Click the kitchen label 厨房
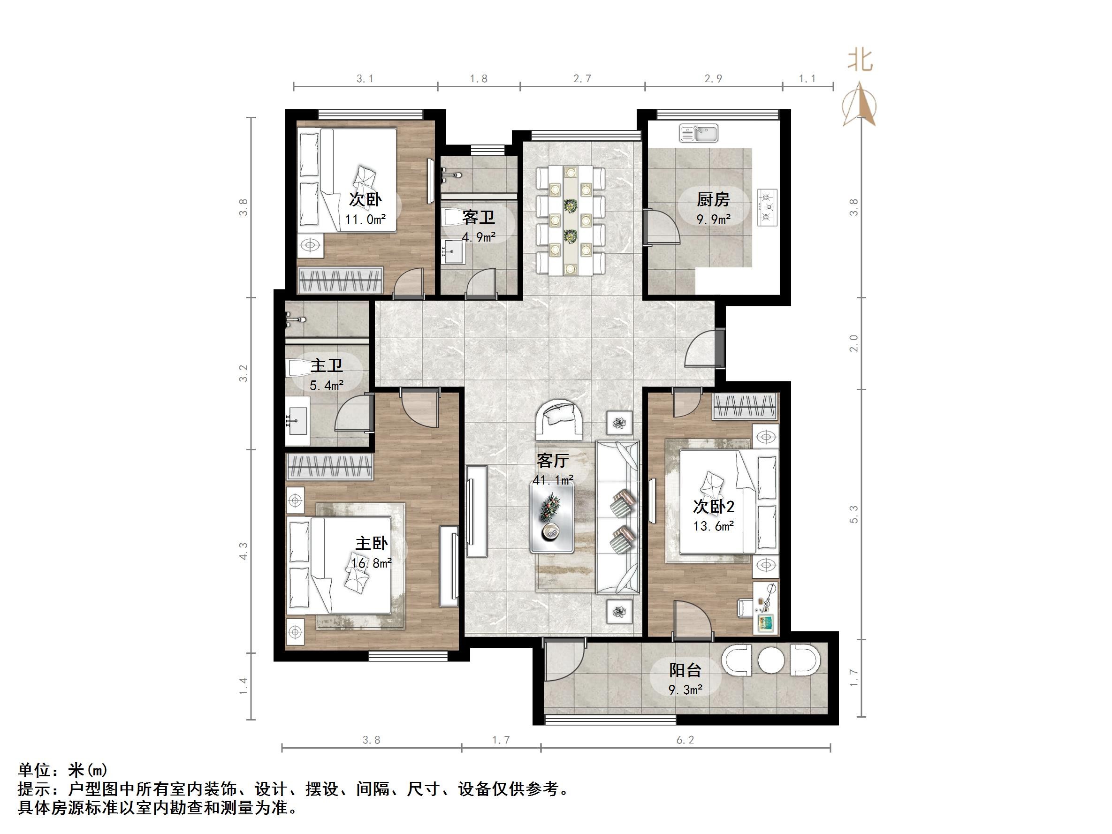713,199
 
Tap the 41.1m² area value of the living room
553,480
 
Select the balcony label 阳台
685,670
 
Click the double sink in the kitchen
699,133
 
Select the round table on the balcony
771,660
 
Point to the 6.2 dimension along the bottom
685,740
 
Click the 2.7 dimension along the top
582,78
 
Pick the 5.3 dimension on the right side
854,514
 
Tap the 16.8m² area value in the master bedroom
372,563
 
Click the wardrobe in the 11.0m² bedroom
340,280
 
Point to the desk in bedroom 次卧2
766,607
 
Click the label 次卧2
714,506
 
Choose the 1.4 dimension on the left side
244,686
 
